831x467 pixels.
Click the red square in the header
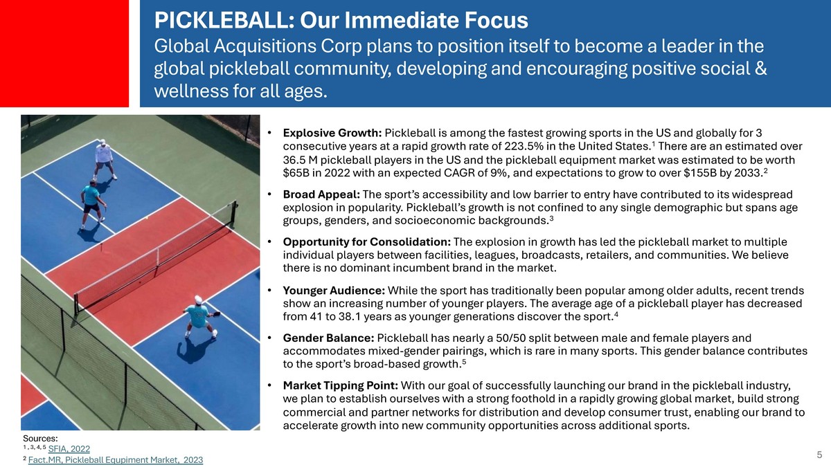64,53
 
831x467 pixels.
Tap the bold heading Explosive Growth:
332,133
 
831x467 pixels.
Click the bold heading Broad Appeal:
321,194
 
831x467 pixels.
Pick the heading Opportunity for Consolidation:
367,242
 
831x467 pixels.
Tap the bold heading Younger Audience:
334,291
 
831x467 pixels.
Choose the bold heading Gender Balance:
329,338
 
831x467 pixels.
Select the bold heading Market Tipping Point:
341,386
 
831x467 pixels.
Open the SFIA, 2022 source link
69,449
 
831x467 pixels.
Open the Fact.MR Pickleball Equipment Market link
116,460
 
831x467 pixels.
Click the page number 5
819,455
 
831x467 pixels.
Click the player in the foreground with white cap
200,317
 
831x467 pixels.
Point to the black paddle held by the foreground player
216,314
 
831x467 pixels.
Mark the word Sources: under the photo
40,439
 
